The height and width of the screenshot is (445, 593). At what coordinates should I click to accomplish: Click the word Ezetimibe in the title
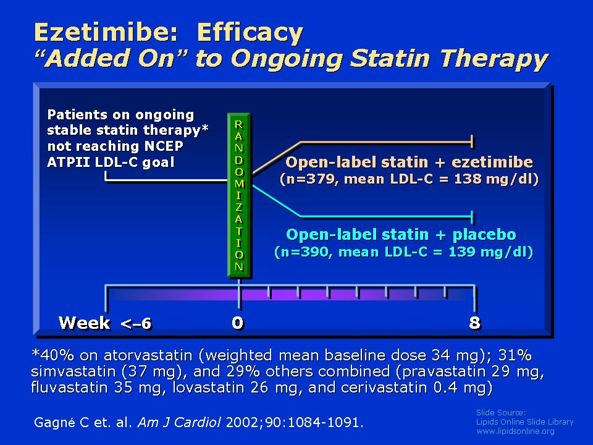click(x=106, y=32)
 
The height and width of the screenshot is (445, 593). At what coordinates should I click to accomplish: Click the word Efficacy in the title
click(x=250, y=33)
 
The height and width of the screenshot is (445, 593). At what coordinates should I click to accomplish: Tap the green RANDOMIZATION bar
click(x=239, y=195)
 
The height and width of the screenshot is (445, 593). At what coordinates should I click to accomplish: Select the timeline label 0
click(x=238, y=323)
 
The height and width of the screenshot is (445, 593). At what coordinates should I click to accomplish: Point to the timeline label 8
click(x=474, y=323)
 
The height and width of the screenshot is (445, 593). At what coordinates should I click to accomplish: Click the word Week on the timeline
click(x=85, y=323)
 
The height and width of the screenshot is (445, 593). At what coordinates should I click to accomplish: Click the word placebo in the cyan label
click(x=484, y=235)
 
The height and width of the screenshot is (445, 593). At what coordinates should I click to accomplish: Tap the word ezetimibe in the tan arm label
click(x=492, y=162)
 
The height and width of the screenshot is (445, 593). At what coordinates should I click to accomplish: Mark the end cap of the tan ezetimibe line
click(x=472, y=142)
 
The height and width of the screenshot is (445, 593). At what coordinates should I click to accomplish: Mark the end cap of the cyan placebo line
click(x=472, y=217)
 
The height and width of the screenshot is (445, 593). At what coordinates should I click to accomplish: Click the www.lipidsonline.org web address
click(x=515, y=431)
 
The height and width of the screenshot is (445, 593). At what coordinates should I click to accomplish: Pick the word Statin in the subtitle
click(x=390, y=58)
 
